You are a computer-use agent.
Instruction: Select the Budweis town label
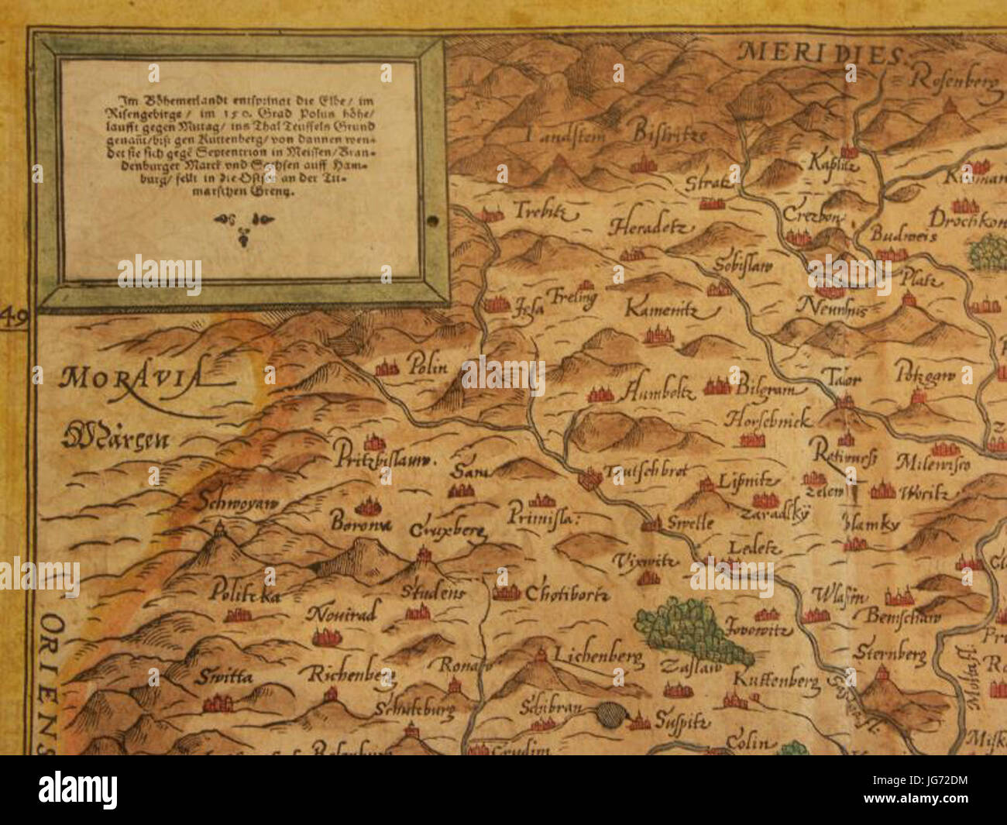pyautogui.click(x=903, y=235)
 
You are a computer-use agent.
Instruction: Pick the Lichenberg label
pyautogui.click(x=598, y=657)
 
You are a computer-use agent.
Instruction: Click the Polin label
pyautogui.click(x=428, y=366)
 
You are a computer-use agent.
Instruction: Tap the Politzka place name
pyautogui.click(x=243, y=594)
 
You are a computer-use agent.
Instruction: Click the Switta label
pyautogui.click(x=224, y=676)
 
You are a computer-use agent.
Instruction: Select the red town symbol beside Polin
pyautogui.click(x=387, y=368)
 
